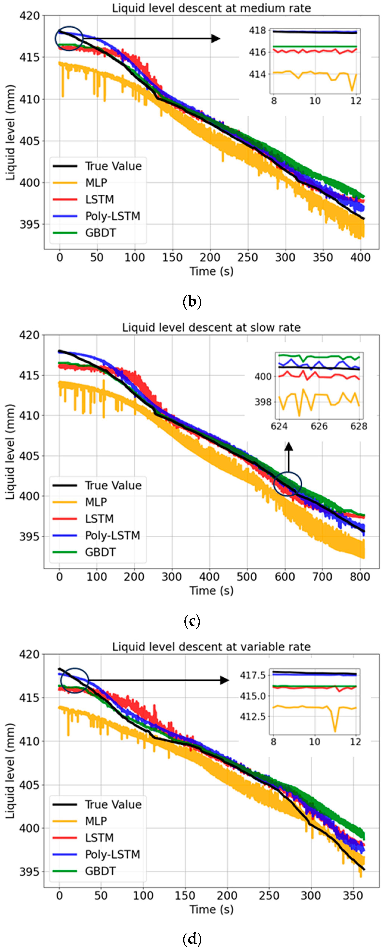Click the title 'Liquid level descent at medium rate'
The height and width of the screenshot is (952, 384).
click(211, 8)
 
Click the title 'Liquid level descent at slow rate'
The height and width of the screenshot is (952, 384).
click(211, 327)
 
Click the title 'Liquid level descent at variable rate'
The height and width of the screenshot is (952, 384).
click(211, 647)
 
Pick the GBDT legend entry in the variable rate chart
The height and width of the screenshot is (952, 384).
click(100, 871)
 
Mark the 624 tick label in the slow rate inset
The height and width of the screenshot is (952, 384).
click(279, 426)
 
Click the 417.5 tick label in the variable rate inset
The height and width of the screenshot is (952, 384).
click(253, 675)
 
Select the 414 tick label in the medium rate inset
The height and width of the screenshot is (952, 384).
click(257, 74)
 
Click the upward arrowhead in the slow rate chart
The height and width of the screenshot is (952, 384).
click(289, 446)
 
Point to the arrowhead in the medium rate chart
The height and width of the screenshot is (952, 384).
click(216, 38)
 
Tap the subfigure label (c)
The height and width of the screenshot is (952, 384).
click(192, 621)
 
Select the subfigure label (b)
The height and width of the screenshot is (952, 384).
click(192, 302)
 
